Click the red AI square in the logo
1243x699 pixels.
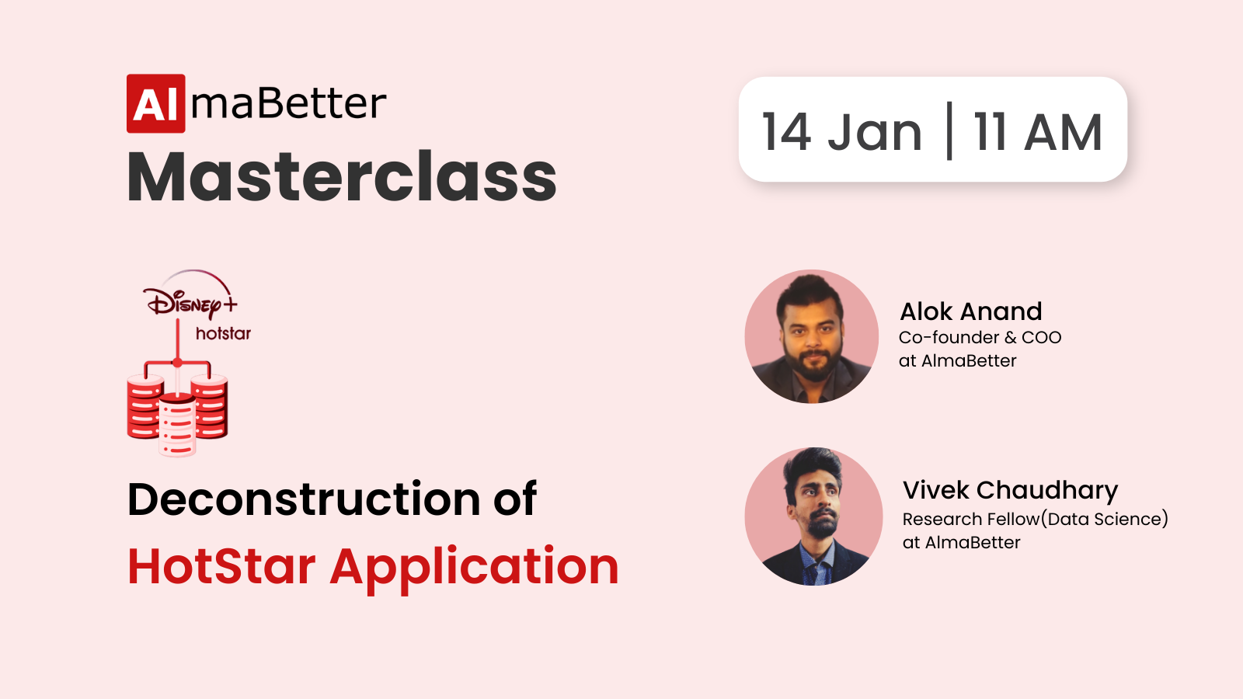(156, 103)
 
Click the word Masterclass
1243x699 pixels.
(342, 177)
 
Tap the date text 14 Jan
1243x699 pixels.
(842, 132)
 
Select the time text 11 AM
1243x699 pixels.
(1037, 132)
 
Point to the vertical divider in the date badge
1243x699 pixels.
(949, 130)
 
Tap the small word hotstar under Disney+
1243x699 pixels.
(223, 333)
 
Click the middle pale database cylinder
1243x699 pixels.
(177, 424)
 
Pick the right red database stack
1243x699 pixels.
(210, 406)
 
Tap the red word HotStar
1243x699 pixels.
(221, 566)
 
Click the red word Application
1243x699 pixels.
(475, 569)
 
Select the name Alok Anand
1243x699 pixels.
(970, 311)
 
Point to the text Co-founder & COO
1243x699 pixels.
(980, 337)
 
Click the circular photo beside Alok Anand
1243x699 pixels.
(812, 336)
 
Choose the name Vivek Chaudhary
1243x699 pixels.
(1010, 491)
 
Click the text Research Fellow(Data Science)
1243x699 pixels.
(1036, 520)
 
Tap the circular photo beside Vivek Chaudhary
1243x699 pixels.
(813, 516)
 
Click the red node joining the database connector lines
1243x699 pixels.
(177, 363)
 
